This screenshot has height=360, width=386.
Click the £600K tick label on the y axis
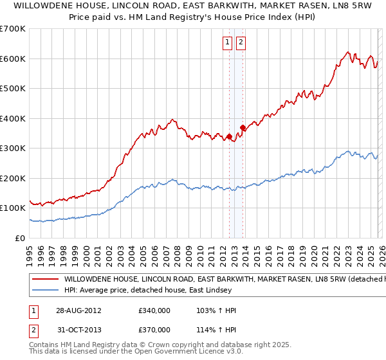pyautogui.click(x=13, y=59)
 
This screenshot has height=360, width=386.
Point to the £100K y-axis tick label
pyautogui.click(x=13, y=208)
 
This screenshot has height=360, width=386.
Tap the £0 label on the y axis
pyautogui.click(x=20, y=238)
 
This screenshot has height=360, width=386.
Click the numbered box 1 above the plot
pyautogui.click(x=228, y=43)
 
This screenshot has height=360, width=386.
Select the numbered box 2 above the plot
pyautogui.click(x=241, y=43)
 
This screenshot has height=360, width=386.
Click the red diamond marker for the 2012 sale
pyautogui.click(x=229, y=136)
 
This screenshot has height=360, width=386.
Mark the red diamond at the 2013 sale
pyautogui.click(x=243, y=127)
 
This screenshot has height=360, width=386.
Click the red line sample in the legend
pyautogui.click(x=45, y=280)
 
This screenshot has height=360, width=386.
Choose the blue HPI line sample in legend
pyautogui.click(x=45, y=291)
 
